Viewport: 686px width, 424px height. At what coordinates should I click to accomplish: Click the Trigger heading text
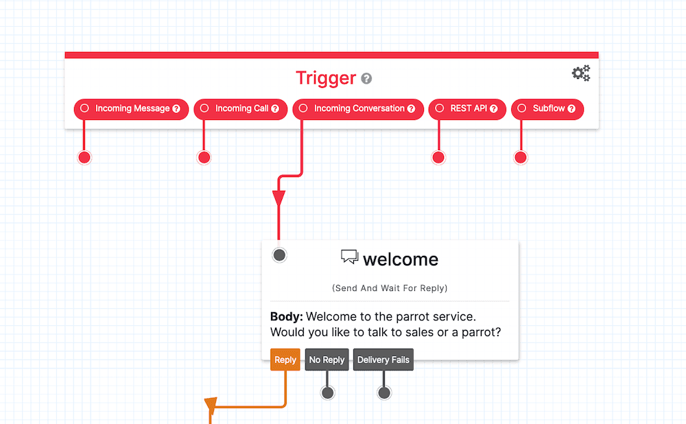[326, 78]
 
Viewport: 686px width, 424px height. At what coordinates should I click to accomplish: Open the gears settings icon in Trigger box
[581, 73]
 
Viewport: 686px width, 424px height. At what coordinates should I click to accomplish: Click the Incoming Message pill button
[131, 109]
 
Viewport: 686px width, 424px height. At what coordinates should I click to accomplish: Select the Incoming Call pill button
[241, 109]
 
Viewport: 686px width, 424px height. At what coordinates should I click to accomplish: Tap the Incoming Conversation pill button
[358, 109]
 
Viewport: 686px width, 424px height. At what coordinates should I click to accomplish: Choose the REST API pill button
[467, 109]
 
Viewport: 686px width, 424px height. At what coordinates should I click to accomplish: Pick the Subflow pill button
[547, 109]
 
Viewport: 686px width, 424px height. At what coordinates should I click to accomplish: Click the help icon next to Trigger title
[367, 79]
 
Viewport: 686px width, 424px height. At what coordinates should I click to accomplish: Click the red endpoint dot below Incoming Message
[84, 158]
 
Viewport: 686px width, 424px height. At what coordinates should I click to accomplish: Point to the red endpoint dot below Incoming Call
[204, 158]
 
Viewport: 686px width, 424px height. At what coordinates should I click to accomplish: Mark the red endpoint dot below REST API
[438, 158]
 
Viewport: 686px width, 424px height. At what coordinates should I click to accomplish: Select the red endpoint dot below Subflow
[521, 158]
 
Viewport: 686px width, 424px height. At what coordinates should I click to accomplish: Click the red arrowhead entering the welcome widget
[279, 198]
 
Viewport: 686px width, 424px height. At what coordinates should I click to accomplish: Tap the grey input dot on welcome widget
[279, 255]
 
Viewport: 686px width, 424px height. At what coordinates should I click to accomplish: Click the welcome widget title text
[400, 259]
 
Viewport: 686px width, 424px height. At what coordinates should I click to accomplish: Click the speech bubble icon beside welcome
[349, 257]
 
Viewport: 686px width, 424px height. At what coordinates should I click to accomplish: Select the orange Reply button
[285, 360]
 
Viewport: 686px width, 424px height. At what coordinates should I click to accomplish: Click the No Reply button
[327, 360]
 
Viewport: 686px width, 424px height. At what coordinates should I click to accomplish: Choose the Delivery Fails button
[383, 360]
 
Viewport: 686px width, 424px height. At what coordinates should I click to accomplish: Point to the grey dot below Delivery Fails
[384, 393]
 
